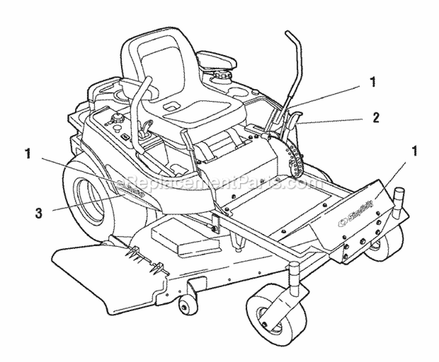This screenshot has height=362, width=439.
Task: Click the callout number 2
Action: pos(375,117)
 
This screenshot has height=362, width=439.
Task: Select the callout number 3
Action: pos(39,213)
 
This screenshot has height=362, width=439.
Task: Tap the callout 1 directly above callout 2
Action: pos(372,82)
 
